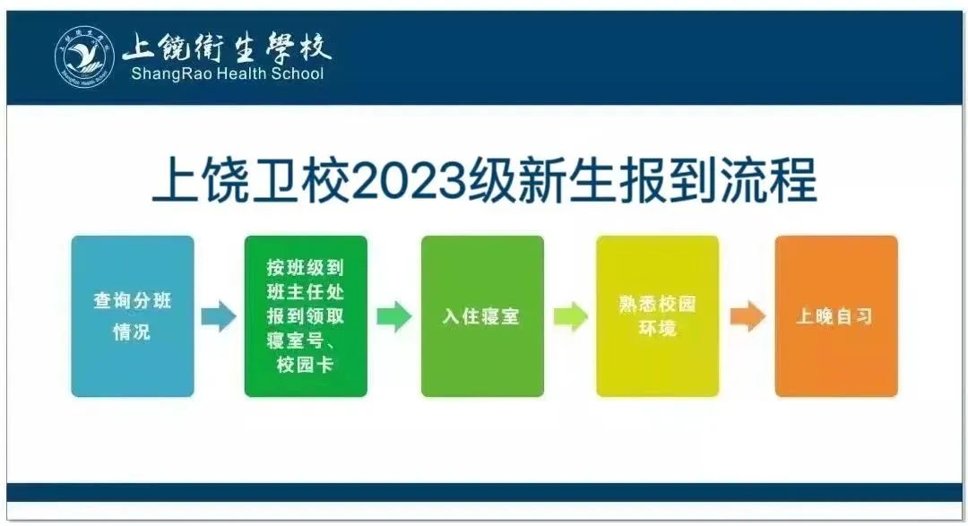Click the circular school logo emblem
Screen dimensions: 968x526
[84, 56]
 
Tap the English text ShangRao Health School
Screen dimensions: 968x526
[227, 74]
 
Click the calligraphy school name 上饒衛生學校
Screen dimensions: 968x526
[227, 47]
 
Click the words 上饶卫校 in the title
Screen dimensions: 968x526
[251, 180]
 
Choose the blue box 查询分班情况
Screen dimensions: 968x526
[133, 316]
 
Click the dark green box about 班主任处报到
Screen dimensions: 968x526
[306, 316]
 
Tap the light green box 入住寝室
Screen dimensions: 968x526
[482, 316]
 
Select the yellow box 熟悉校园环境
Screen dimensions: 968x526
[658, 316]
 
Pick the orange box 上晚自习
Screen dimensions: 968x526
[836, 316]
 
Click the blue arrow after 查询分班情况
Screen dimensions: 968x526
[219, 316]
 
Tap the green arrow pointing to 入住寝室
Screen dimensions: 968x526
[393, 316]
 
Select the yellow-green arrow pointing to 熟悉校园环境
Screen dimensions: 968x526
[570, 316]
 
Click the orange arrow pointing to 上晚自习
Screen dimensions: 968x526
[748, 316]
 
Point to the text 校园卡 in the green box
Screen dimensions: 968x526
[306, 364]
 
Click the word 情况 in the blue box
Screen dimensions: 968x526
[132, 332]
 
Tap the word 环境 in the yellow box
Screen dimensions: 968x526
[658, 328]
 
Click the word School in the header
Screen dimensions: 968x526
[301, 74]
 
